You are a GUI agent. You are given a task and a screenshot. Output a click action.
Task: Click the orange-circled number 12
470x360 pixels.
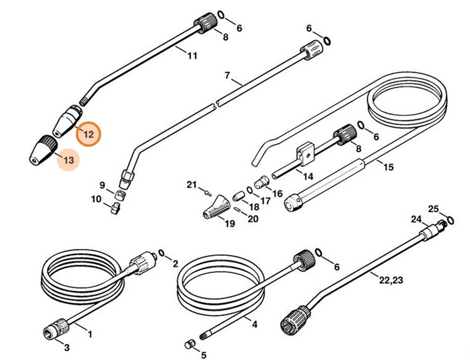coord(88,134)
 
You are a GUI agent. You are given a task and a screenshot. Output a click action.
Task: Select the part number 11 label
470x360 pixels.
coord(192,56)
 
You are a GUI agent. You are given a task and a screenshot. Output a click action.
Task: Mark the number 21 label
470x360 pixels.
coord(191,185)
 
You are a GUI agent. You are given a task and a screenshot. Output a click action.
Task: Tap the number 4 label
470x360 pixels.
coord(255,325)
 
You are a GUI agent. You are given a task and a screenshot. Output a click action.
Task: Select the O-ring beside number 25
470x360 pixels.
coord(450,220)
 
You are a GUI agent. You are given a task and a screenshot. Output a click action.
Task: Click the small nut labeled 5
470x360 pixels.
coord(188,344)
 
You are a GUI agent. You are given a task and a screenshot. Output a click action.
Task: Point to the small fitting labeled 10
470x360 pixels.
coord(115,206)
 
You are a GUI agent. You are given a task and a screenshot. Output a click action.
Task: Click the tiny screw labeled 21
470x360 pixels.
coord(207,189)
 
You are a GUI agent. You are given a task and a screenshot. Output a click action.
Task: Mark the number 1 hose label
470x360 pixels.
coord(90,334)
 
